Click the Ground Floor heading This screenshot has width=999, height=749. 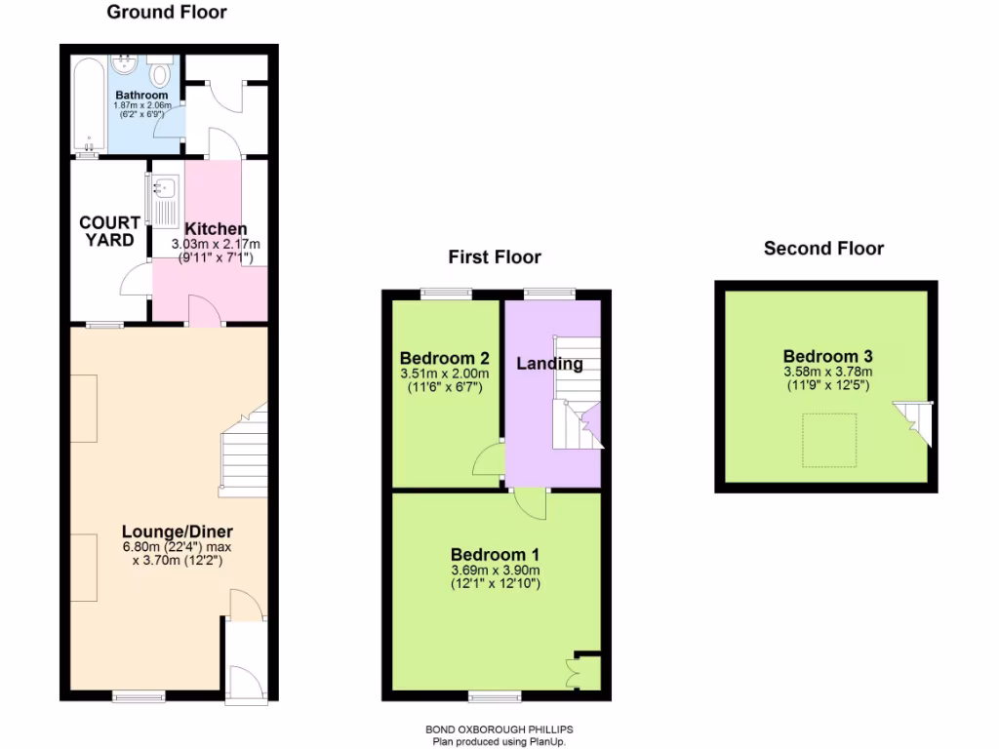166,13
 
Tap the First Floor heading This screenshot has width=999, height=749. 494,257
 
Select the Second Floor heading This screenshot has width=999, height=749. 823,249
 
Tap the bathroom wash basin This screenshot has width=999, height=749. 125,65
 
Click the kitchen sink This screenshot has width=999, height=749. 164,188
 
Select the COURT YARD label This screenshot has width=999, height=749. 109,231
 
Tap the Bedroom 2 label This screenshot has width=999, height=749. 444,358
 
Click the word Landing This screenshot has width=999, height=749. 549,364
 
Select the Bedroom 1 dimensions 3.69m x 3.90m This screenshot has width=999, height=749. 496,571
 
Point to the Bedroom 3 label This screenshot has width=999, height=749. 827,356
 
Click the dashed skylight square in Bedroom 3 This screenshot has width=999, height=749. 829,439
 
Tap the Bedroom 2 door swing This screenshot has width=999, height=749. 488,458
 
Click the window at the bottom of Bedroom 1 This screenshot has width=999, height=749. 494,695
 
